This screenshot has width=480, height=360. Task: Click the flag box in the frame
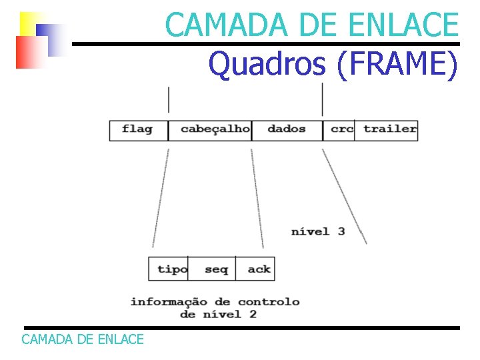pyautogui.click(x=138, y=129)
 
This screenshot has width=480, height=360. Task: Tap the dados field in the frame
pyautogui.click(x=286, y=129)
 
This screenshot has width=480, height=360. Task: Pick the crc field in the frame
pyautogui.click(x=341, y=129)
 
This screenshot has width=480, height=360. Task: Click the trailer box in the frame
pyautogui.click(x=389, y=129)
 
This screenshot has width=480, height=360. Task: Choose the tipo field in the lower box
pyautogui.click(x=172, y=269)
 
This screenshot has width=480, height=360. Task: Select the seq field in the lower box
pyautogui.click(x=216, y=269)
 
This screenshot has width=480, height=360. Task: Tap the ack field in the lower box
pyautogui.click(x=259, y=269)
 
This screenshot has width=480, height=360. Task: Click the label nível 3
pyautogui.click(x=318, y=232)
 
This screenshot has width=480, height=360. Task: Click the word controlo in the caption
pyautogui.click(x=269, y=302)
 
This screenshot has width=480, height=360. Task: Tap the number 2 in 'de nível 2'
pyautogui.click(x=253, y=314)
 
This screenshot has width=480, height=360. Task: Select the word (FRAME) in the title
pyautogui.click(x=398, y=65)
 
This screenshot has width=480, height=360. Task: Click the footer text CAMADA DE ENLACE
pyautogui.click(x=83, y=339)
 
